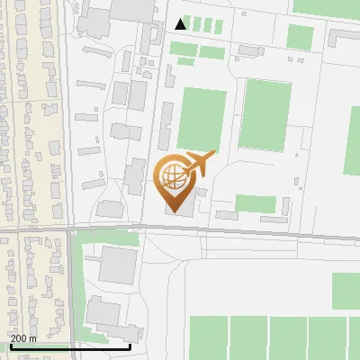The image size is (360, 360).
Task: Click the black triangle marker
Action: [x=182, y=24]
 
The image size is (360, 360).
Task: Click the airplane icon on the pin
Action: [x=200, y=164]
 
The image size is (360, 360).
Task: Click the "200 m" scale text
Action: [x=24, y=338]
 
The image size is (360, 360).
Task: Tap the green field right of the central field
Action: [x=266, y=114]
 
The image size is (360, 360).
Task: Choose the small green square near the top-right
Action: [x=300, y=37]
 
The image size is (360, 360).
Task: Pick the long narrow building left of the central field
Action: [x=166, y=126]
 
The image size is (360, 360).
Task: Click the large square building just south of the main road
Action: [x=118, y=264]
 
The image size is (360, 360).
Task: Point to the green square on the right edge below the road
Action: [x=346, y=290]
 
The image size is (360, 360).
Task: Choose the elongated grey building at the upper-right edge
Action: [x=343, y=37]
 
